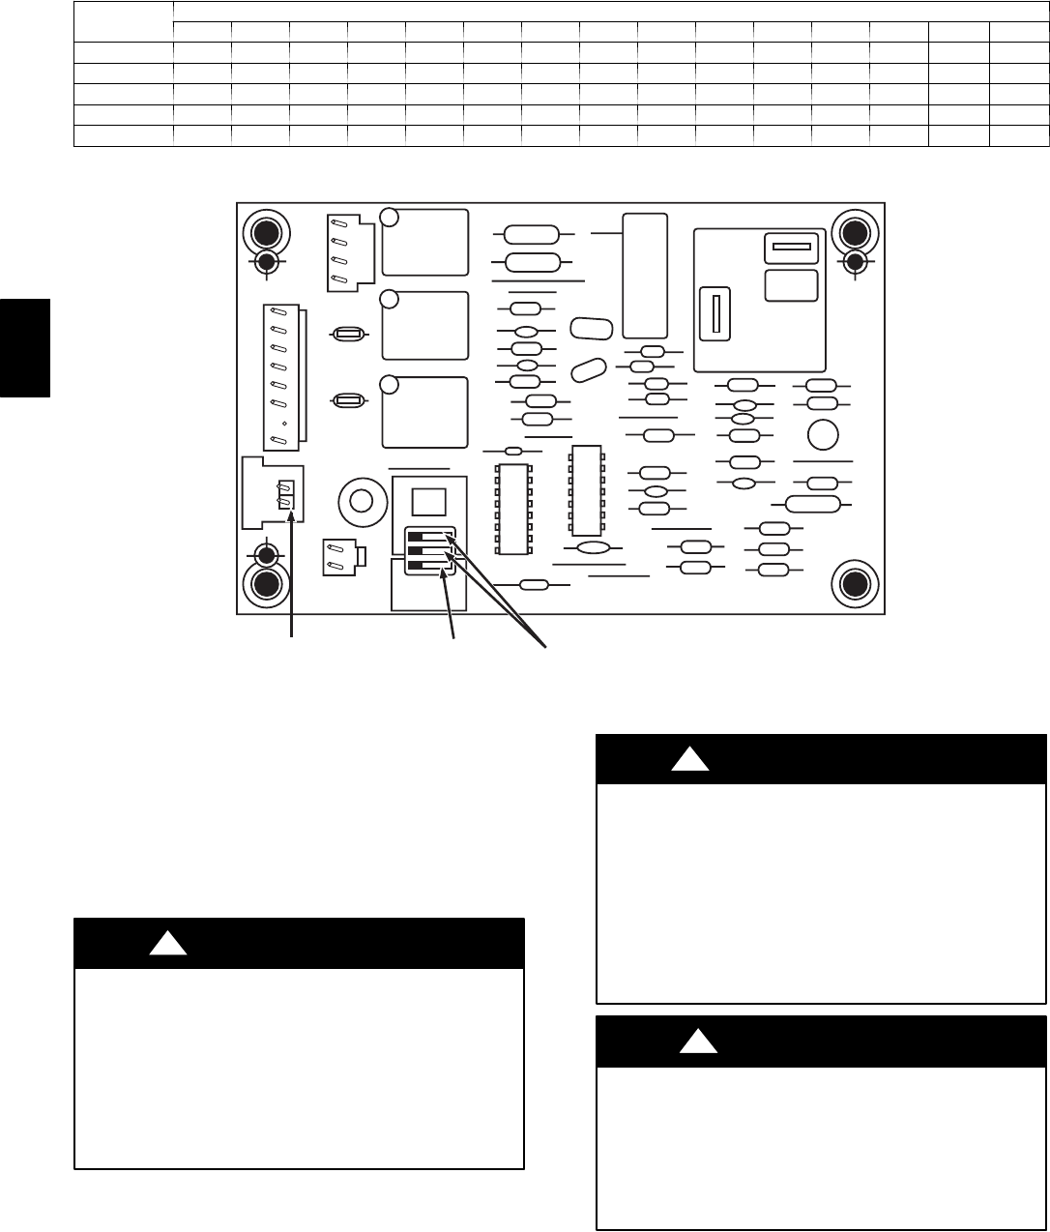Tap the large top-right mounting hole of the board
(x=855, y=232)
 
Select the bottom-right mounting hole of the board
(x=855, y=583)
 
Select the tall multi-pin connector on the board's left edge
(x=284, y=376)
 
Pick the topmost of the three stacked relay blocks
(x=425, y=242)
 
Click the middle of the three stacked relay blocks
(x=425, y=325)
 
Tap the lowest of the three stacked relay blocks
(x=425, y=412)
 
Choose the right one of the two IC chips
(x=586, y=490)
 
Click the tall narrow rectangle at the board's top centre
(x=645, y=276)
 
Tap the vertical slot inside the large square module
(x=716, y=315)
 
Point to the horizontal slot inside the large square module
(x=791, y=249)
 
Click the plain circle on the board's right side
(x=823, y=434)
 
